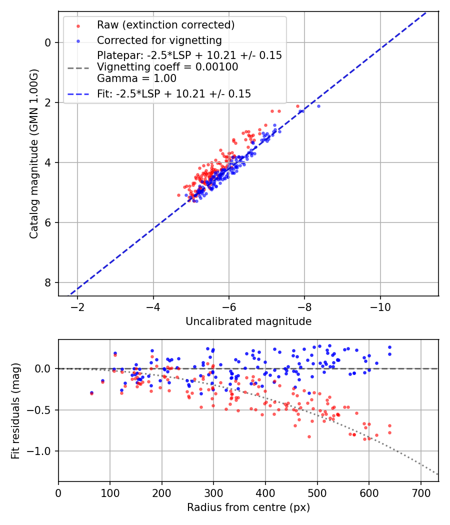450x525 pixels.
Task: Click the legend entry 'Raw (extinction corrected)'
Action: point(165,25)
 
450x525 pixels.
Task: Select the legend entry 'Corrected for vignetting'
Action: point(159,40)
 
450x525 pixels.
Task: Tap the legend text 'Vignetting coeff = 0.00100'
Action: point(167,67)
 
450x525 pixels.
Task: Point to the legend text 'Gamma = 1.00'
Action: point(136,78)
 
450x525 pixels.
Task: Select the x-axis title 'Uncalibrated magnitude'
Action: point(248,321)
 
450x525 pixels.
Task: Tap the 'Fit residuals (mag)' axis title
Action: point(15,410)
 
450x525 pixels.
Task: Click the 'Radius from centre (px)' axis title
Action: point(248,507)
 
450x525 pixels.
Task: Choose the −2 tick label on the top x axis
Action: point(77,306)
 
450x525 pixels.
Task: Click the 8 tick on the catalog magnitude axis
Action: point(48,283)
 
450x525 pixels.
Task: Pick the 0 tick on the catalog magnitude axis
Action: point(48,42)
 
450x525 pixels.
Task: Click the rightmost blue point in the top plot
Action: point(318,106)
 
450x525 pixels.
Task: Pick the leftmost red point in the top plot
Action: point(178,195)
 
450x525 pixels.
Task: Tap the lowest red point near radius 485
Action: point(309,436)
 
